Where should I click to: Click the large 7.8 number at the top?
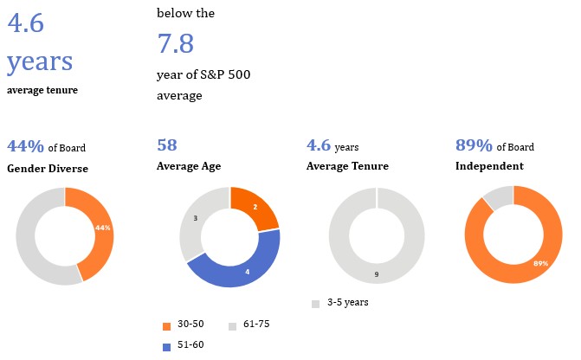pyautogui.click(x=175, y=43)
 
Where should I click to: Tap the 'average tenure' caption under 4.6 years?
pyautogui.click(x=42, y=89)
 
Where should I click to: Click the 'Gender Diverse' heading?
pyautogui.click(x=48, y=166)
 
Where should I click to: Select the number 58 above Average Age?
pyautogui.click(x=167, y=145)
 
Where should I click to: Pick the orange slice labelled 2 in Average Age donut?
pyautogui.click(x=255, y=207)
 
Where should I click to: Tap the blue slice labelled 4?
pyautogui.click(x=246, y=272)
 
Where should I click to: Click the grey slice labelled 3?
pyautogui.click(x=196, y=219)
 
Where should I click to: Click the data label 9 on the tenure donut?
pyautogui.click(x=375, y=274)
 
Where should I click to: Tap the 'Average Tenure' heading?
pyautogui.click(x=347, y=166)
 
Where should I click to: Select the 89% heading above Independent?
pyautogui.click(x=474, y=145)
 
